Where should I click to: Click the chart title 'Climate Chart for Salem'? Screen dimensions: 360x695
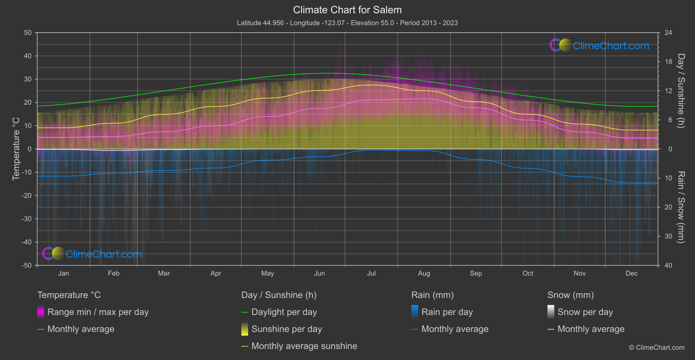coord(347,10)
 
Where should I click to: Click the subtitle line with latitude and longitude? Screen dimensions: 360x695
coord(347,23)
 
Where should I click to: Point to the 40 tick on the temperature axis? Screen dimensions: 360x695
coord(27,56)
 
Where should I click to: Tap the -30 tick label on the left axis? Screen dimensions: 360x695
coord(26,219)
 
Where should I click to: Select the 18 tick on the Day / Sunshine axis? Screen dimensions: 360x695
coord(668,62)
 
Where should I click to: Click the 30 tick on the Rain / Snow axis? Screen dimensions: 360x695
coord(668,237)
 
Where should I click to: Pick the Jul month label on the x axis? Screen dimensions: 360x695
coord(371,274)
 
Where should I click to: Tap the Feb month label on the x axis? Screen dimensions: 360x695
coord(113,274)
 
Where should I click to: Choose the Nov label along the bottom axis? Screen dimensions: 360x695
coord(579,274)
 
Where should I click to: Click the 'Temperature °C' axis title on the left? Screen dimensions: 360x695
coord(16,148)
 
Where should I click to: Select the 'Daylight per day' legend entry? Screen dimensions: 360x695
coord(284,312)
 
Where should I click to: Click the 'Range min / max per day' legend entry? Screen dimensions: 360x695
coord(98,312)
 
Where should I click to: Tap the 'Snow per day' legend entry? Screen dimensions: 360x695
coord(585,312)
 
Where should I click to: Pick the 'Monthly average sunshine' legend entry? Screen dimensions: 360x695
coord(304,346)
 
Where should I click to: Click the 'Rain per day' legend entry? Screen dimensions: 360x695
coord(447,312)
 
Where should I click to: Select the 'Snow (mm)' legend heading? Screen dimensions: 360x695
coord(570,295)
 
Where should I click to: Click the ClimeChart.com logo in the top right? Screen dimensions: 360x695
coord(599,45)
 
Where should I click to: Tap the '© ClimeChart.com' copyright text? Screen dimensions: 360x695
coord(657,348)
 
